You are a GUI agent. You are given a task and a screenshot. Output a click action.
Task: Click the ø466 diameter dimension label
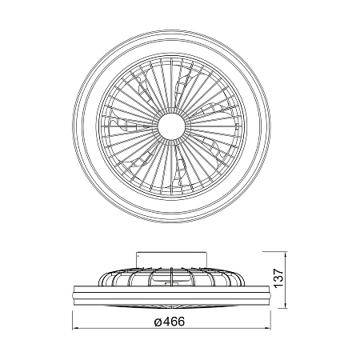coord(170,322)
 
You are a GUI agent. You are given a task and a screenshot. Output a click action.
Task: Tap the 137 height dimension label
coord(278,278)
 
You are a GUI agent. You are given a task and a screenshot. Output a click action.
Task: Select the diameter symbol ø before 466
coord(158,322)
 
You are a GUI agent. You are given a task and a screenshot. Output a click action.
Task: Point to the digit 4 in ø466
coord(166,322)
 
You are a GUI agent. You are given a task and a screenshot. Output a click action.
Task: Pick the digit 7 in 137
coord(278,272)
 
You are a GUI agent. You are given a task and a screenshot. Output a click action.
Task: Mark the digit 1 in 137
coord(278,286)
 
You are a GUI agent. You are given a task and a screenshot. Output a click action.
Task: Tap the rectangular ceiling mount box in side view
coord(171,260)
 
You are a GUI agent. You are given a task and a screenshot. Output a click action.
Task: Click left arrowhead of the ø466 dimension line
coord(75,328)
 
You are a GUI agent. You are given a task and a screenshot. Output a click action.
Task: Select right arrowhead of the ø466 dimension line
coord(268,328)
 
